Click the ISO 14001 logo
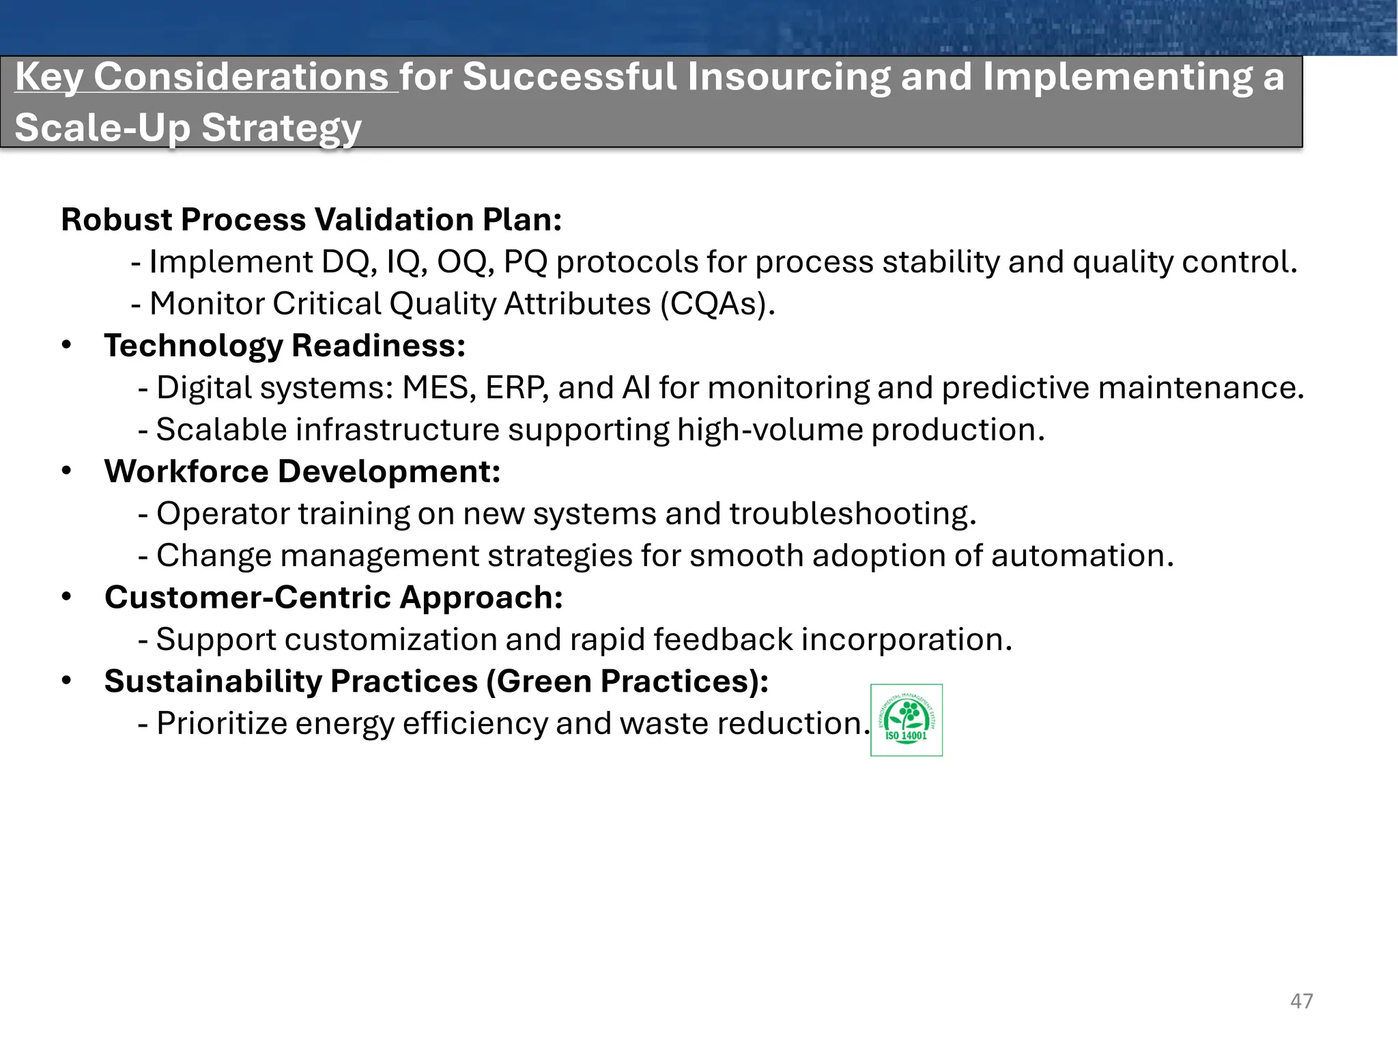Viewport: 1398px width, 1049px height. click(x=906, y=720)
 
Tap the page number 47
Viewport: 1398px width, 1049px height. click(x=1301, y=1001)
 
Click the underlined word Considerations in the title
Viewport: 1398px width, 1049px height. click(x=241, y=76)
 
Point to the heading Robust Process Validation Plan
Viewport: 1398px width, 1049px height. click(x=311, y=220)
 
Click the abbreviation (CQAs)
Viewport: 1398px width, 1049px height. click(x=717, y=304)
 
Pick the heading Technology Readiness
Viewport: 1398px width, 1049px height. click(x=285, y=346)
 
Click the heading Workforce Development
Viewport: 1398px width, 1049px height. click(x=302, y=472)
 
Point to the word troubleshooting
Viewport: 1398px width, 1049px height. click(x=853, y=514)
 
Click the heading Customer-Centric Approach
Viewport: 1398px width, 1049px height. click(x=334, y=598)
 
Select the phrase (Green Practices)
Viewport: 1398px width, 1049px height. click(x=627, y=682)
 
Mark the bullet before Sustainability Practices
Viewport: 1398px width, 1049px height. click(x=66, y=681)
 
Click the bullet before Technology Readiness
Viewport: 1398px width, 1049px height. click(x=66, y=345)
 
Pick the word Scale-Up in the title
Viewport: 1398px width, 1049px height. click(x=102, y=128)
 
